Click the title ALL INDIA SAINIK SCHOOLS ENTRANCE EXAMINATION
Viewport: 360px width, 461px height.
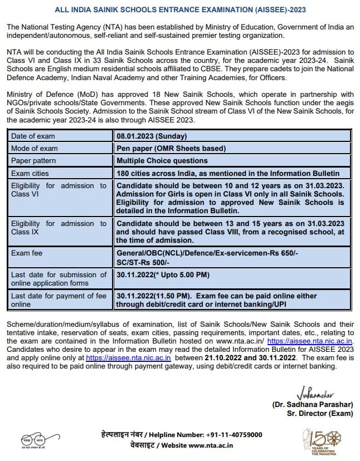180,10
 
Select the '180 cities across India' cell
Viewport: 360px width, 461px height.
228,173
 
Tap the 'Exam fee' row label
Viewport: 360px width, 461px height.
27,253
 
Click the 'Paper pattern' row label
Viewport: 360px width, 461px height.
34,161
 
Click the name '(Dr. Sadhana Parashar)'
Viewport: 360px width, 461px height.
313,404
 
